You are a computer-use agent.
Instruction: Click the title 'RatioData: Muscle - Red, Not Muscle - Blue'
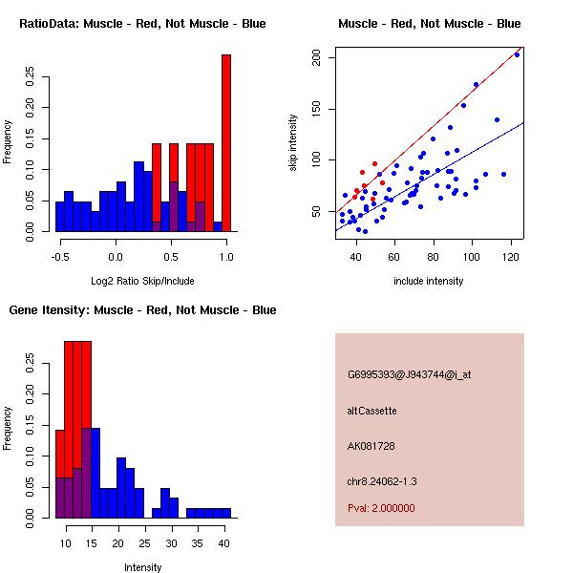click(x=142, y=23)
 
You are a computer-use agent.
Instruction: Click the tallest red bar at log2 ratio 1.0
click(x=226, y=143)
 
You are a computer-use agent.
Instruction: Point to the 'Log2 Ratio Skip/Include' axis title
click(x=142, y=281)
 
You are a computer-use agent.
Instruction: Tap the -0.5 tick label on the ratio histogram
click(x=60, y=256)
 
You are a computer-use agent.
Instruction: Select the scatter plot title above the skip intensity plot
click(x=429, y=23)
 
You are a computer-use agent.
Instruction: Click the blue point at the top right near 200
click(x=517, y=54)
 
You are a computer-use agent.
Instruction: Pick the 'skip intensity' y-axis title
click(x=293, y=143)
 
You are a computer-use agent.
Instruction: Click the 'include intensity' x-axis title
click(x=429, y=281)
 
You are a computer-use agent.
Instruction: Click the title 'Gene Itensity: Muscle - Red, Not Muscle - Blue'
click(x=142, y=309)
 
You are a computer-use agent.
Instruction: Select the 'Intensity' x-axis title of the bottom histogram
click(x=142, y=567)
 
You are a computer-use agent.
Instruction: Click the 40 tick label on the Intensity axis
click(x=223, y=542)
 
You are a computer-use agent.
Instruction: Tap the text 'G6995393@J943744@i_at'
click(x=409, y=374)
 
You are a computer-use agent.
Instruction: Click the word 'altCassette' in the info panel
click(x=372, y=411)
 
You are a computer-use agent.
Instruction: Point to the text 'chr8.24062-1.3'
click(x=382, y=480)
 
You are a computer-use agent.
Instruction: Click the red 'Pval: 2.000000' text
click(x=381, y=508)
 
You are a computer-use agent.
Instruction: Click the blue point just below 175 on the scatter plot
click(x=476, y=85)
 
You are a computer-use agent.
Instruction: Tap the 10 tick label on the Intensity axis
click(x=67, y=542)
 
